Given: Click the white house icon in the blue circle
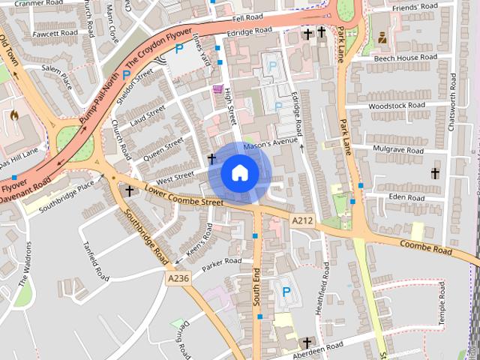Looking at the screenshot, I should tap(239, 172).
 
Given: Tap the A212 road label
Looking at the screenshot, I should tap(302, 219).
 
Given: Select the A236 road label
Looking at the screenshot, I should tap(178, 277).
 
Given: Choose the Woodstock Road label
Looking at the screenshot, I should tap(397, 106).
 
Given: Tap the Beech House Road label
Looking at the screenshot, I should tap(405, 58).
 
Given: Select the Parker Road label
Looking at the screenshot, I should tap(221, 262).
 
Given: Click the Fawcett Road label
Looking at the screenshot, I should tap(55, 33).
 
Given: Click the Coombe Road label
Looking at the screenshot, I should tap(426, 247).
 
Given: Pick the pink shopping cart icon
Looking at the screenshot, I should tap(218, 90).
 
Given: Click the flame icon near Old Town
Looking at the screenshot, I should tap(14, 117).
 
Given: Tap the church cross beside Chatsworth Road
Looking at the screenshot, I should tap(435, 173).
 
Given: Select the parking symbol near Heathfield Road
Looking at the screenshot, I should tap(285, 292).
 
